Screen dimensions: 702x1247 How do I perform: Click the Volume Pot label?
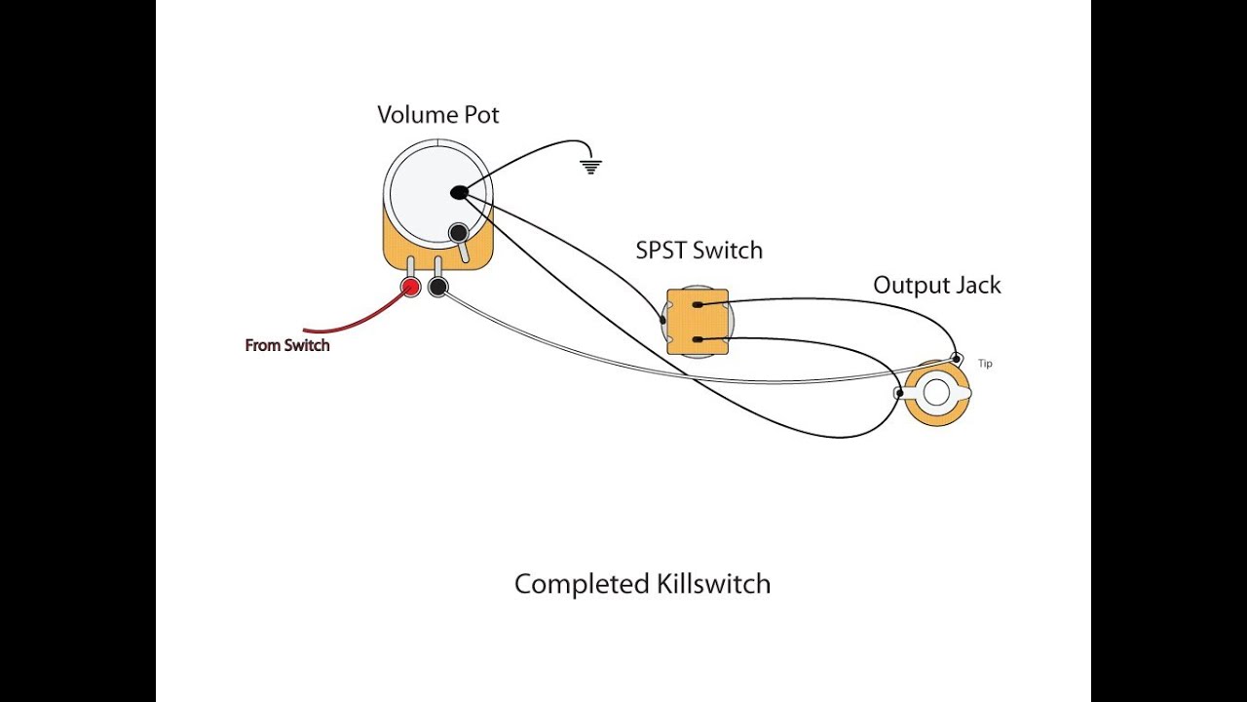coord(437,115)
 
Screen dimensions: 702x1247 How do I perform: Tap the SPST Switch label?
coord(699,251)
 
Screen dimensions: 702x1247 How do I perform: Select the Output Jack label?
coord(936,286)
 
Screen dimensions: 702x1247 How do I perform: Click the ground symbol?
coord(589,166)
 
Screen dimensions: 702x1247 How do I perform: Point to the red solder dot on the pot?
coord(411,287)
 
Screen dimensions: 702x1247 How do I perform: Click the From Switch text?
coord(287,345)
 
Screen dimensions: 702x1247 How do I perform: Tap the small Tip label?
coord(985,364)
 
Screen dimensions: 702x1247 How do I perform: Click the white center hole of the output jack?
coord(936,394)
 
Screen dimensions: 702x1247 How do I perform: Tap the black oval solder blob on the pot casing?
coord(459,193)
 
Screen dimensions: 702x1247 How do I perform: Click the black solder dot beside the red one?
coord(437,287)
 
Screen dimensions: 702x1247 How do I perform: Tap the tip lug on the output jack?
coord(959,358)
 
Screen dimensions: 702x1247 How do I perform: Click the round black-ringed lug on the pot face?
coord(458,233)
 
